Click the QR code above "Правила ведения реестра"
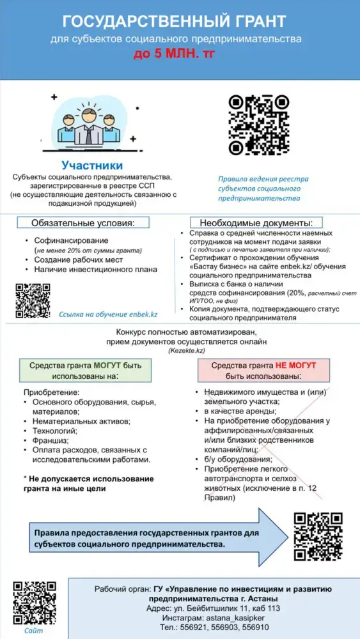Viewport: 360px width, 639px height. [258, 126]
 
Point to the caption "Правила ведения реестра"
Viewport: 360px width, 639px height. [263, 180]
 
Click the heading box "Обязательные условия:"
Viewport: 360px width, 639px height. [84, 223]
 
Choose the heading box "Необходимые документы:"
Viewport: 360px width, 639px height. [256, 223]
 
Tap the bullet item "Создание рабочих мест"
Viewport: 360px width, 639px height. [79, 260]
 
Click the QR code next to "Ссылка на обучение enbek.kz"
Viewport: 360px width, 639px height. [33, 301]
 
